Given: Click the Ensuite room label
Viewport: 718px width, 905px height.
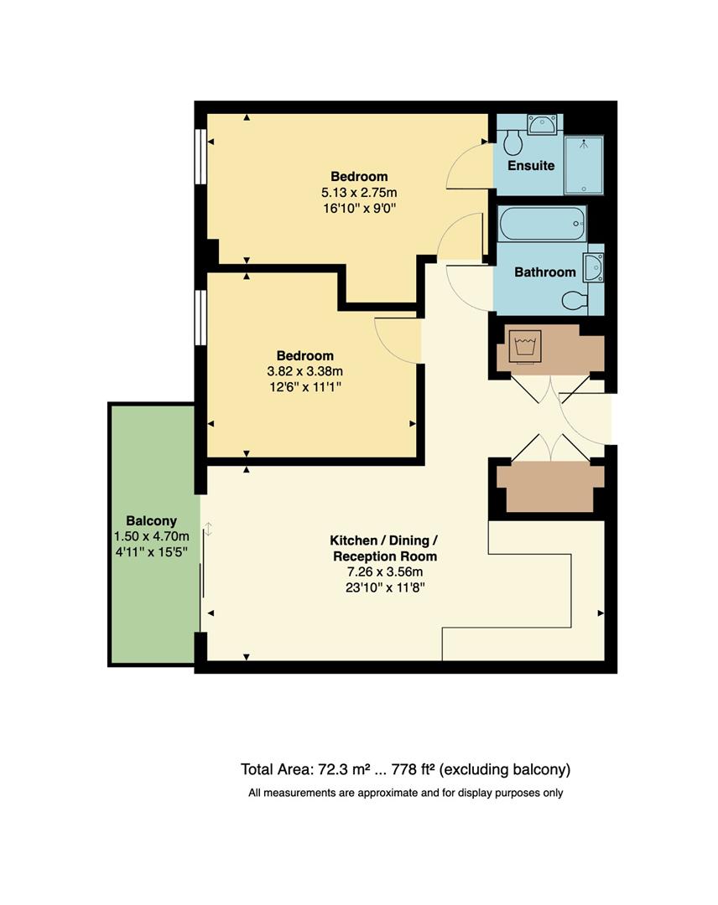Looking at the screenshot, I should click(x=530, y=165).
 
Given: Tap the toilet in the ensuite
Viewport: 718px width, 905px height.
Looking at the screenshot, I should click(x=513, y=142).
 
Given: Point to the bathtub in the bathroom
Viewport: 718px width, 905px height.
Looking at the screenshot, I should click(x=541, y=224).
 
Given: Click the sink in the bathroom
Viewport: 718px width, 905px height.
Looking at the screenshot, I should click(x=595, y=268).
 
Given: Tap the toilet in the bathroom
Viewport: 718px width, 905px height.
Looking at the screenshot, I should click(x=575, y=300).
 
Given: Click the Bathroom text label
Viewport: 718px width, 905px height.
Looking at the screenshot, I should click(x=544, y=271).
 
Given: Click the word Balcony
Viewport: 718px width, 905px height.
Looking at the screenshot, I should click(x=151, y=520).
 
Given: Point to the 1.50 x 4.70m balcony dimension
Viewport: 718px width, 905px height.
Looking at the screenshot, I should click(x=151, y=536).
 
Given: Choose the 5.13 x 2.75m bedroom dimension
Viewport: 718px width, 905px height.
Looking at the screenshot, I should click(x=358, y=192).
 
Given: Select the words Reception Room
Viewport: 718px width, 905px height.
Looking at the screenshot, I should click(x=384, y=556).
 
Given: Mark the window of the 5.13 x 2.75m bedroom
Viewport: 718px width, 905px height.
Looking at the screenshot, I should click(x=200, y=155).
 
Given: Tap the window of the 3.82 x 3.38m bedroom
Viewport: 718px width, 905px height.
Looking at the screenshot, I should click(x=200, y=317).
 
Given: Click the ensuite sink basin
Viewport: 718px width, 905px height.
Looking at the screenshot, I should click(x=544, y=125).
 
